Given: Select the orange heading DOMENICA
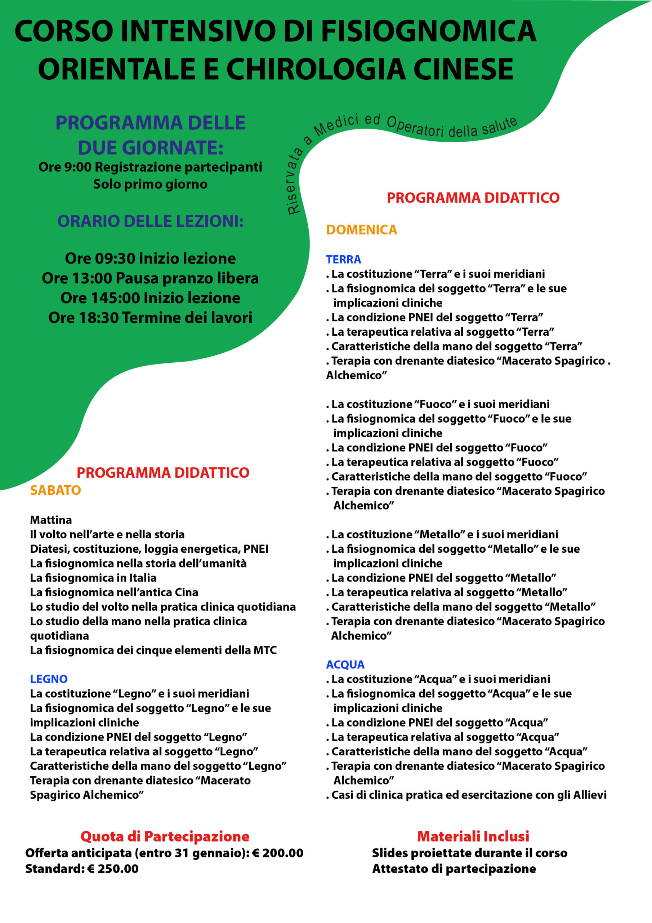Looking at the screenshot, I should click(361, 230).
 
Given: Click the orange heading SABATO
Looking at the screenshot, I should click(55, 490).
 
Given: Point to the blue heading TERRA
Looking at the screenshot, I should click(344, 259).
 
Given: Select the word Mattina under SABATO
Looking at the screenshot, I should click(51, 520).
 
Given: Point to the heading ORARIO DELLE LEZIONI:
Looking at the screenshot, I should click(150, 221).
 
